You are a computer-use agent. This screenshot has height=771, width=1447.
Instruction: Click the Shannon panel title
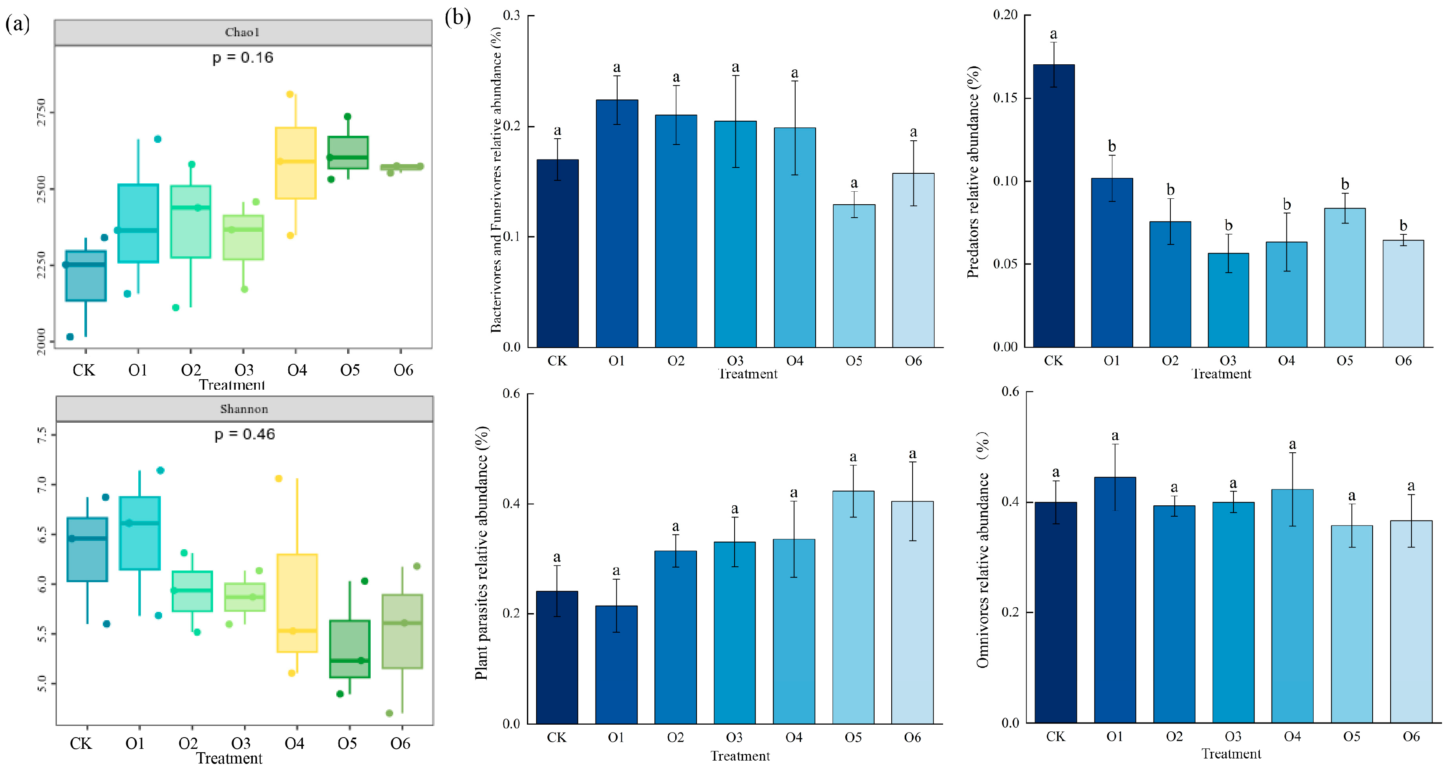click(244, 409)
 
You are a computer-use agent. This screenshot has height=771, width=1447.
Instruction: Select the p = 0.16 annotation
click(243, 57)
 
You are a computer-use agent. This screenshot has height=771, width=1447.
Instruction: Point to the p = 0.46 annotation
click(245, 434)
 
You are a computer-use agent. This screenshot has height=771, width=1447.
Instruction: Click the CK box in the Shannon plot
click(87, 549)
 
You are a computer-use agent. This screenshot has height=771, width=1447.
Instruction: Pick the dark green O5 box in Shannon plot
click(349, 649)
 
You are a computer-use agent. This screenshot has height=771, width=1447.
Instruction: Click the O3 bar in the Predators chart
click(1228, 300)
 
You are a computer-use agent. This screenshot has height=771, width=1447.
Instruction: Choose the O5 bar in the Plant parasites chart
click(853, 607)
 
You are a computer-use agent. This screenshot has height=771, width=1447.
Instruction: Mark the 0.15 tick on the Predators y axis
click(1005, 98)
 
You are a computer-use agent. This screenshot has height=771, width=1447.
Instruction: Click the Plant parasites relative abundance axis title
click(481, 553)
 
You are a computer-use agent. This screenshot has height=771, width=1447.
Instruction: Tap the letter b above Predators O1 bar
click(1111, 146)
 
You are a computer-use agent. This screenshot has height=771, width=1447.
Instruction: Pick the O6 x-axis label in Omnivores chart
click(1411, 736)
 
